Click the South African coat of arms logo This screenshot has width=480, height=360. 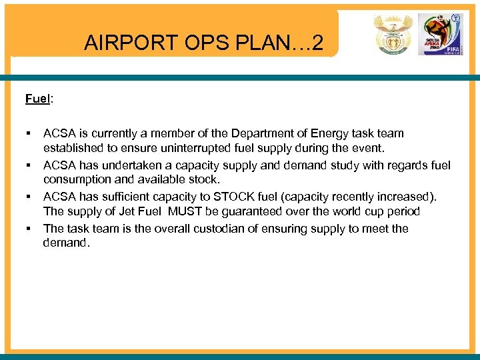click(x=393, y=35)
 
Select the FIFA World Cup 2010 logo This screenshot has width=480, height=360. click(x=438, y=35)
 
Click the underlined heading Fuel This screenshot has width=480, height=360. click(x=38, y=99)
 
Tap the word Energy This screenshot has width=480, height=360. click(x=323, y=133)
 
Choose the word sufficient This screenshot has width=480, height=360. click(x=129, y=197)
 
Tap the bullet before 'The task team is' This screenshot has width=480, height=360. click(x=29, y=229)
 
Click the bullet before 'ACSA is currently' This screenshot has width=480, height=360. click(x=29, y=133)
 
